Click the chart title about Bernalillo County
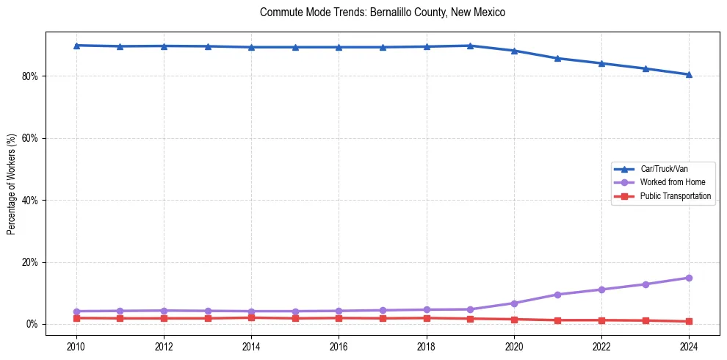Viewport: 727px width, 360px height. click(x=383, y=12)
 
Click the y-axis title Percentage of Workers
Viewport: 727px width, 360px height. click(x=11, y=184)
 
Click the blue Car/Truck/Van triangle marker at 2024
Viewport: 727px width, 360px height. click(x=689, y=74)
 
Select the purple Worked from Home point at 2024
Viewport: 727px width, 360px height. click(x=689, y=278)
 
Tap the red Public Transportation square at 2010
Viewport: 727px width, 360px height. click(x=76, y=318)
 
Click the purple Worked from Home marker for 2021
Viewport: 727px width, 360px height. click(x=557, y=295)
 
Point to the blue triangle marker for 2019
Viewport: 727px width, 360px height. click(x=470, y=46)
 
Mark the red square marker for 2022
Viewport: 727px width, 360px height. click(x=601, y=320)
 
